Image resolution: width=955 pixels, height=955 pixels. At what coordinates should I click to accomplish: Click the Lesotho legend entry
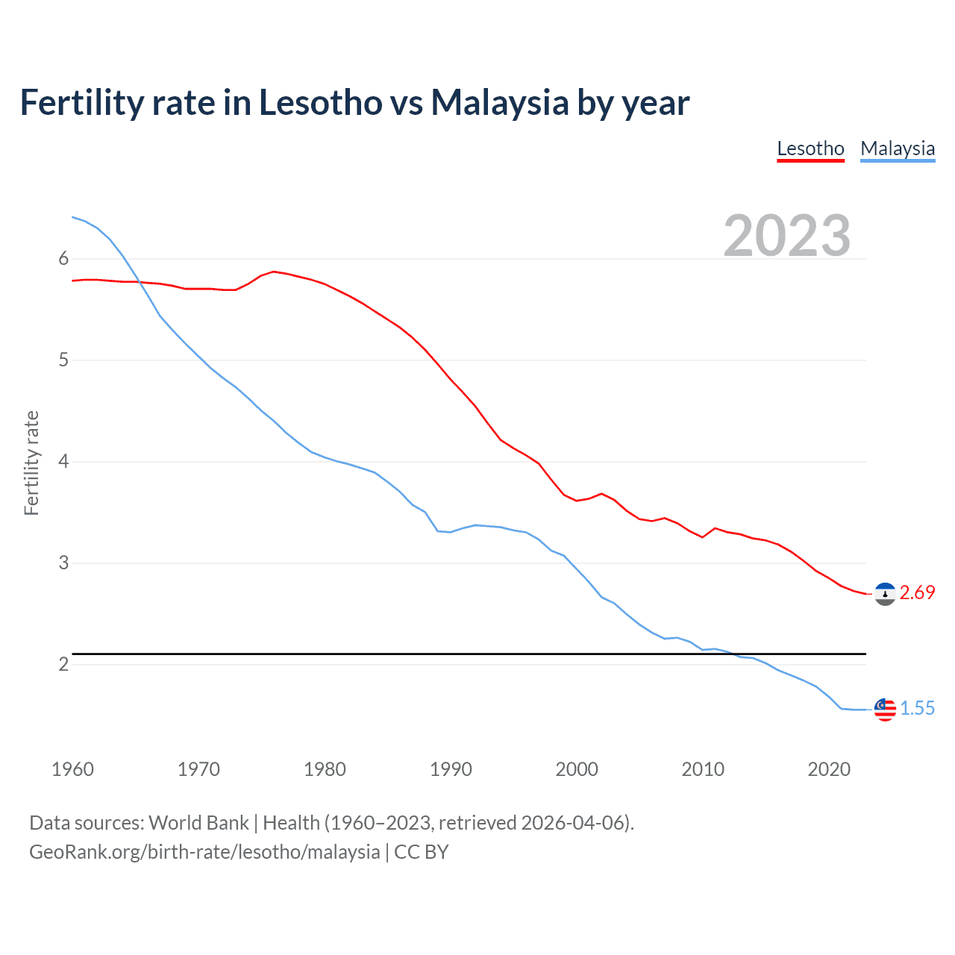[810, 148]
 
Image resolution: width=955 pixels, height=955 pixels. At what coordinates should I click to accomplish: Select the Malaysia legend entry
[898, 148]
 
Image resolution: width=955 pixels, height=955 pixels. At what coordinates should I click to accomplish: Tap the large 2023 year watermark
[787, 236]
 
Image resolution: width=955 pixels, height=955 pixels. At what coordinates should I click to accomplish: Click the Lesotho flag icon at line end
[885, 594]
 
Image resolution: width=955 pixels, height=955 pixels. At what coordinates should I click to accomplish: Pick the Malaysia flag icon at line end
[885, 710]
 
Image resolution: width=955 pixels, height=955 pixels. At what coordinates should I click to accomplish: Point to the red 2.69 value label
[917, 593]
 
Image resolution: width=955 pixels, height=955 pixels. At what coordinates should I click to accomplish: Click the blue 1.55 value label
[917, 709]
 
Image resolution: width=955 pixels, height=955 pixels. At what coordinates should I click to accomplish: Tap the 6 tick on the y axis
[63, 259]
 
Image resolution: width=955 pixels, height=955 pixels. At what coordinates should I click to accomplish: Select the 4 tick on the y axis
[63, 462]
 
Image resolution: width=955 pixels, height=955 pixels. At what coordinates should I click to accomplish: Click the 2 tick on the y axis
[63, 665]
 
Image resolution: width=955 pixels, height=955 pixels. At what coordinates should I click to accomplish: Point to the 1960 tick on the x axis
[72, 769]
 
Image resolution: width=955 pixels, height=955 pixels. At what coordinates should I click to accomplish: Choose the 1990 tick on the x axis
[451, 769]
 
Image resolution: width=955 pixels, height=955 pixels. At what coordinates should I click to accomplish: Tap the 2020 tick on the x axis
[829, 769]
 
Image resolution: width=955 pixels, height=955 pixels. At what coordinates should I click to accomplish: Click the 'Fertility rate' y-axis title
[31, 463]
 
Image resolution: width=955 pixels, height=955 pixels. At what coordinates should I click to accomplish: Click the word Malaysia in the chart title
[500, 102]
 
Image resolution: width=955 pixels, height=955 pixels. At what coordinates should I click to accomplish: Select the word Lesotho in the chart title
[321, 102]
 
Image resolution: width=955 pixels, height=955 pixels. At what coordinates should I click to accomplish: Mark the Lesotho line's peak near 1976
[274, 272]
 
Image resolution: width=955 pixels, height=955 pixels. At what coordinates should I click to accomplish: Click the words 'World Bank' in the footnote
[198, 823]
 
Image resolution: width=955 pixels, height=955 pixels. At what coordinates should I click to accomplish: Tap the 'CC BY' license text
[421, 852]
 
